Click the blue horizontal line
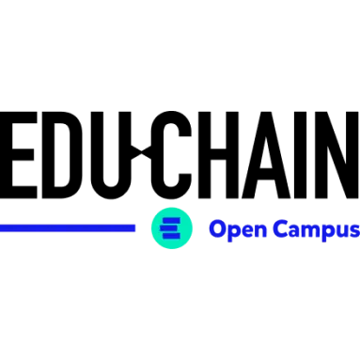(68, 227)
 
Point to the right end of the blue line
(133, 227)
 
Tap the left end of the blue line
(3, 227)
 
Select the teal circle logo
(171, 227)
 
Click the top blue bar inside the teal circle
(171, 220)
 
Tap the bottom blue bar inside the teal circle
(171, 235)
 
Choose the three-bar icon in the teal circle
(171, 227)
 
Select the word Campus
(317, 229)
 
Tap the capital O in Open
(216, 229)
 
